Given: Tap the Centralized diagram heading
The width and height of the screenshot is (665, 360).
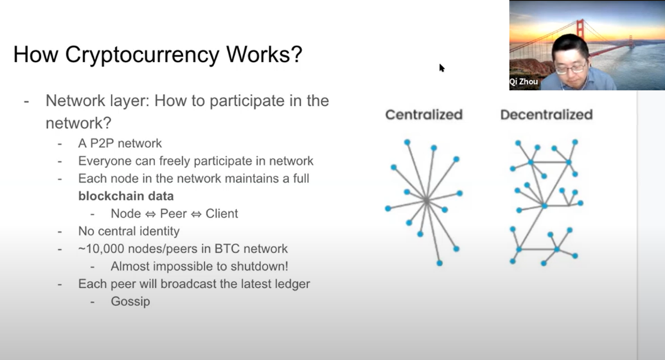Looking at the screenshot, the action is pos(424,114).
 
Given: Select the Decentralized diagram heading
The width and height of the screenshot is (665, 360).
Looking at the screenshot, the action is pos(547,114).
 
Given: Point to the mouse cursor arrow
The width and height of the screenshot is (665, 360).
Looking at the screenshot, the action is pos(441,68).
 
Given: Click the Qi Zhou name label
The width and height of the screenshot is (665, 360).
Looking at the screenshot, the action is pos(524,82).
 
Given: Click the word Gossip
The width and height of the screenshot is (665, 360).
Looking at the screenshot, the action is pos(130,301).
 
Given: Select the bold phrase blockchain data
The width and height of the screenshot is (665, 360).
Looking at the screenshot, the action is pos(126,196).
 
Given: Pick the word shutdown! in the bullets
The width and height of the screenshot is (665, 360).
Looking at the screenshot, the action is pos(260,267).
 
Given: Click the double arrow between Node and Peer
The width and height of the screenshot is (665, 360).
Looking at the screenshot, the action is pos(150,214).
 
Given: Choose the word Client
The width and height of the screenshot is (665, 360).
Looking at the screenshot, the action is pos(222,213).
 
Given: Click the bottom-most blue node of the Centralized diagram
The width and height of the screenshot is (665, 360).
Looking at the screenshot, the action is pos(439,263).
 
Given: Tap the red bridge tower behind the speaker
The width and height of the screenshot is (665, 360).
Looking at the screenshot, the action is pos(580,29).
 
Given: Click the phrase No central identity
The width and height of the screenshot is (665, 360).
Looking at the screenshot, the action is pos(129,231).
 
